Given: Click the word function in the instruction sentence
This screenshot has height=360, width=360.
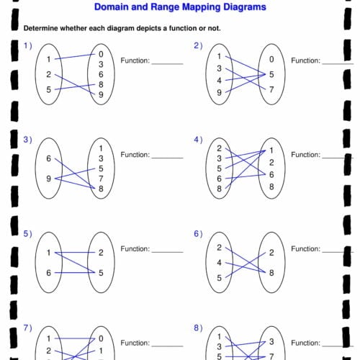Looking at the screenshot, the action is coord(183,28).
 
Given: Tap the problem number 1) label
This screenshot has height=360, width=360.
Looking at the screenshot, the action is coord(28,45).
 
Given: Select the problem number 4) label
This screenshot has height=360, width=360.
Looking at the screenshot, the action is coord(198,140).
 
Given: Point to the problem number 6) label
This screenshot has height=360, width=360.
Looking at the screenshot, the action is coord(198,234).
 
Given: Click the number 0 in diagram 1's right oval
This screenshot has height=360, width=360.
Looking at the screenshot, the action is coord(101,54).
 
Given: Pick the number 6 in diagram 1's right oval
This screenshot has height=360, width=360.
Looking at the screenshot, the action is coord(101,74).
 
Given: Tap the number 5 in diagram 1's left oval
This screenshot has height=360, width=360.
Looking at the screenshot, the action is coord(49,89).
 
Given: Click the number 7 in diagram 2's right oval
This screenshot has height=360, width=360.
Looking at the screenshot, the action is coord(271,89).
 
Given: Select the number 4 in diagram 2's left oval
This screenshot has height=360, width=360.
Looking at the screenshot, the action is coord(219,81).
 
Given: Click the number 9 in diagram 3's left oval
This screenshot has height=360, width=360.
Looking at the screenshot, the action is coord(49,179).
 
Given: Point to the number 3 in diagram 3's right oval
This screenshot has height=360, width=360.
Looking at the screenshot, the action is coord(101,158).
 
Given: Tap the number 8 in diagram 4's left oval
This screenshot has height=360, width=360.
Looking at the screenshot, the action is coord(219,189).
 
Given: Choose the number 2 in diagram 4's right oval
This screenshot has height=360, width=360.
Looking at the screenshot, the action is coord(271,163).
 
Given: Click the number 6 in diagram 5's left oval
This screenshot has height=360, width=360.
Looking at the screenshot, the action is coord(49,273).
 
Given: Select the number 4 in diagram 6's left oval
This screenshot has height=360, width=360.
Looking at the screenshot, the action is coord(219,263).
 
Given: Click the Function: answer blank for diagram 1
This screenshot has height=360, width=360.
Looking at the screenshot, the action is coord(167,64).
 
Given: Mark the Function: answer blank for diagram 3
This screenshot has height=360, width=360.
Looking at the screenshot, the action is coord(167,158).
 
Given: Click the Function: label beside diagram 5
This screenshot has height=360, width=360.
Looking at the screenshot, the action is coord(135,249).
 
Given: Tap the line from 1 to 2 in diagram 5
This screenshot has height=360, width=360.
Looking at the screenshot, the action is coord(75,253).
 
